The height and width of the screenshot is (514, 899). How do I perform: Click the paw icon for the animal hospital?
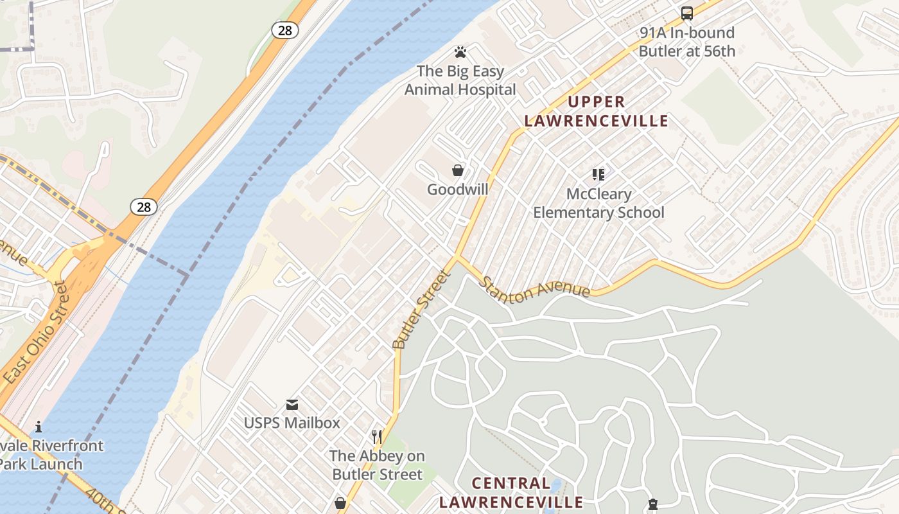click(460, 52)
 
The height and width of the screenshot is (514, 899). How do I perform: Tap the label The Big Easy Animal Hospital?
click(460, 80)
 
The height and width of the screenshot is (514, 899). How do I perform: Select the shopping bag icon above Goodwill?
click(458, 170)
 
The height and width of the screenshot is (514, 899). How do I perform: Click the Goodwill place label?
click(458, 190)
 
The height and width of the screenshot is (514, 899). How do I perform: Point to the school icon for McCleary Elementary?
click(598, 174)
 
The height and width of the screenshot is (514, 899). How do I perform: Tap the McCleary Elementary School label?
click(598, 203)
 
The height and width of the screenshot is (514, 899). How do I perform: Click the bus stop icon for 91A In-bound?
click(687, 13)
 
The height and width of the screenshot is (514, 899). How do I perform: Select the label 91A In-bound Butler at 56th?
click(687, 42)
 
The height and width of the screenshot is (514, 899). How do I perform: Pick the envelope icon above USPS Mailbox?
click(292, 404)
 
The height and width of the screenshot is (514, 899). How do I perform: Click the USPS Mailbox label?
click(292, 423)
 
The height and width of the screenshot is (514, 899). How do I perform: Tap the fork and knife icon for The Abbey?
click(377, 437)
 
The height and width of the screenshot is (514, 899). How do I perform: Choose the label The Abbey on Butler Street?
click(377, 465)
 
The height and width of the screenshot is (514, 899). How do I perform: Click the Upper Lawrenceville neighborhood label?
click(597, 111)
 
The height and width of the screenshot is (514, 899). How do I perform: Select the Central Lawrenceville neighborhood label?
click(511, 493)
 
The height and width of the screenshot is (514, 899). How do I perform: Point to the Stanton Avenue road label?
click(534, 287)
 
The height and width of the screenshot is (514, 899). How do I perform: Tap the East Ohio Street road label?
click(36, 334)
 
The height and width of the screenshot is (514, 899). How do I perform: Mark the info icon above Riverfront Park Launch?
click(39, 427)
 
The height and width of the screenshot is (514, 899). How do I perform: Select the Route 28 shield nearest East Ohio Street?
click(144, 206)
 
